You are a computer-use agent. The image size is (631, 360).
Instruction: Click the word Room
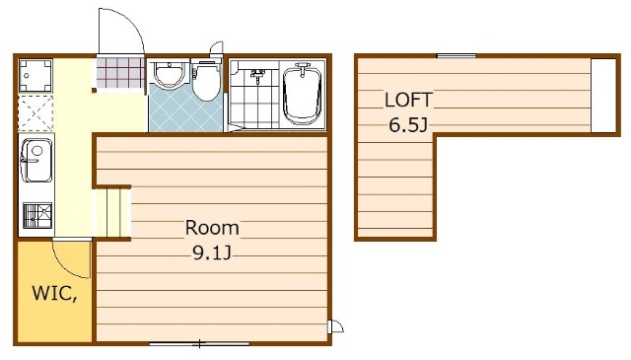click(212, 228)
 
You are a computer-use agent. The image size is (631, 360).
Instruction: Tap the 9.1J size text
click(212, 252)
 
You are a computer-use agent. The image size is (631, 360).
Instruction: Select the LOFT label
click(408, 101)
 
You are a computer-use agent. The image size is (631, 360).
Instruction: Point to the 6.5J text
click(407, 125)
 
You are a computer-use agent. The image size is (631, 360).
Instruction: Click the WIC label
click(55, 293)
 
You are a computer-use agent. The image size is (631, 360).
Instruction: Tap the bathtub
click(303, 95)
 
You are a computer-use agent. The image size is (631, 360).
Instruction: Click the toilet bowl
click(206, 81)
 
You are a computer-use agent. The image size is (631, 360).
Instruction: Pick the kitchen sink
click(36, 160)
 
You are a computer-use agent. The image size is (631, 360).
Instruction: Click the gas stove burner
click(37, 215)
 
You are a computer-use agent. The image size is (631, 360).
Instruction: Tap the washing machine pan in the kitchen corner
click(35, 76)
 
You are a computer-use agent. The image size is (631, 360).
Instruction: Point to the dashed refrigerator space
click(35, 113)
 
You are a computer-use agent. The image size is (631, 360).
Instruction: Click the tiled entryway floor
click(120, 72)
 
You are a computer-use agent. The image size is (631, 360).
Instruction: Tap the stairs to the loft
click(111, 213)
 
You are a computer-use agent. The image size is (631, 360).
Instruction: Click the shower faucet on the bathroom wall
click(257, 74)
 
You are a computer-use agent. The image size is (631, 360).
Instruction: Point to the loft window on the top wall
click(456, 56)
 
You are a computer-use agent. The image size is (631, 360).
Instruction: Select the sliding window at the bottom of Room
click(199, 344)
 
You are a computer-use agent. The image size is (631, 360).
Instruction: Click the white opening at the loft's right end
click(603, 95)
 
